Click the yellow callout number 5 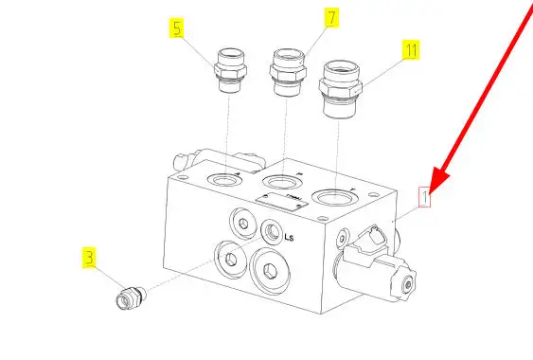click(177, 27)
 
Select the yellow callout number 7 click(331, 18)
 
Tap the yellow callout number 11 click(411, 50)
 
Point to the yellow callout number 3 click(89, 258)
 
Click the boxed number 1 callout click(424, 197)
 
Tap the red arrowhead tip click(429, 194)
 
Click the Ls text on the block click(289, 237)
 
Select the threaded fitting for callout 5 click(230, 70)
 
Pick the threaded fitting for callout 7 click(288, 73)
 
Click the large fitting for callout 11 click(340, 89)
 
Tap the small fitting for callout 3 click(131, 297)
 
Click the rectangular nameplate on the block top click(282, 202)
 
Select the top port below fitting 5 click(224, 180)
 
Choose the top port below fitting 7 click(281, 182)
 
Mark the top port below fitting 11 click(334, 198)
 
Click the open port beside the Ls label click(272, 231)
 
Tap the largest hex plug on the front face click(270, 271)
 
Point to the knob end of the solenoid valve click(404, 283)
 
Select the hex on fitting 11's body click(340, 87)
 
